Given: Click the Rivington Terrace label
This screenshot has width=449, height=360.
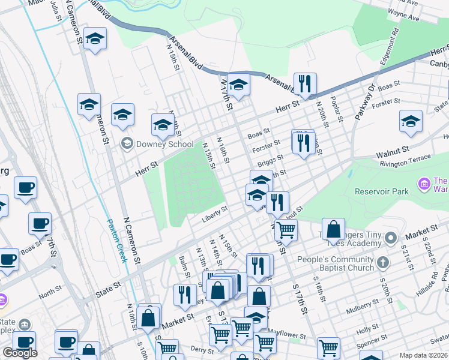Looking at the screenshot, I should (404, 158).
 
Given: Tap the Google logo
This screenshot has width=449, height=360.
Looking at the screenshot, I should (20, 353).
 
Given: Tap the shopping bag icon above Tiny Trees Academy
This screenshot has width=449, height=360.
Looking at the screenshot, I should (333, 229).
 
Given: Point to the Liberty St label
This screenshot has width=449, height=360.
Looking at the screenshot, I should (215, 214).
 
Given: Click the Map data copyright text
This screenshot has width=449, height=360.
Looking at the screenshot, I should (423, 355).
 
